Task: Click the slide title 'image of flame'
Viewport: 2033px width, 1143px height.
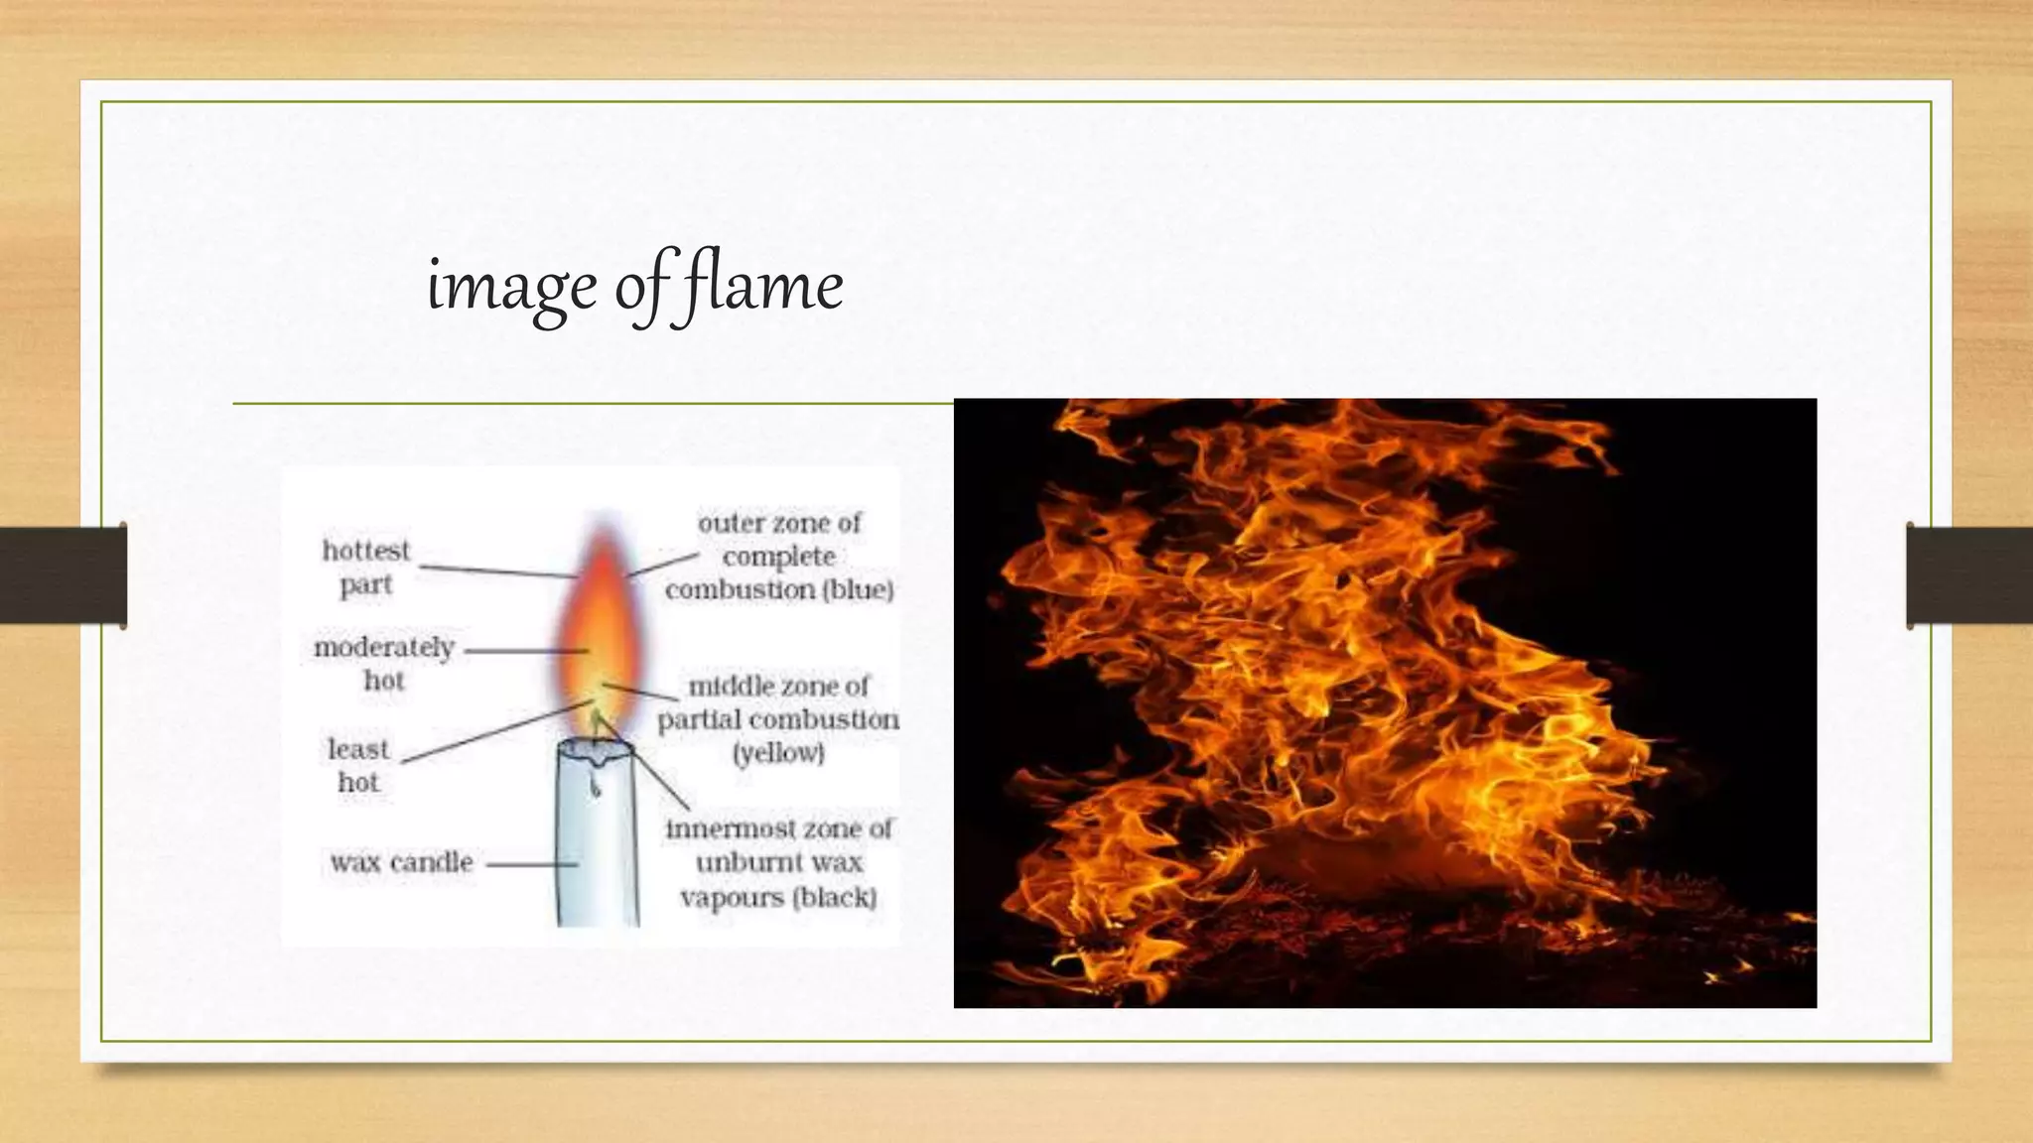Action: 634,286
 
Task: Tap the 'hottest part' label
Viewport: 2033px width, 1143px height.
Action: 365,568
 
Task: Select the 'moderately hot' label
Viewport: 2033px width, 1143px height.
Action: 383,664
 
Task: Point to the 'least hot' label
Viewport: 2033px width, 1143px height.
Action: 358,765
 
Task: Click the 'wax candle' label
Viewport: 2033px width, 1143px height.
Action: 402,862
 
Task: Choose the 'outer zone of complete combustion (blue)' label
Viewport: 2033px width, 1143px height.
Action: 779,557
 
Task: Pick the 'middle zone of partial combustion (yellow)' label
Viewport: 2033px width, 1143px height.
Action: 778,719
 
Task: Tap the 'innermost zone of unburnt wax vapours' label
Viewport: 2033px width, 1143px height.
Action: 778,862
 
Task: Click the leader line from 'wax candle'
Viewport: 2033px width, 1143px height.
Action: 531,863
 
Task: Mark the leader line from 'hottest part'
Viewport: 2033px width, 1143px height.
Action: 496,571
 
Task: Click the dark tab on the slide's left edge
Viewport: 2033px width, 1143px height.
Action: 63,575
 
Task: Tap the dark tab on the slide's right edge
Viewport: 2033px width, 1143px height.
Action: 1969,575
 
